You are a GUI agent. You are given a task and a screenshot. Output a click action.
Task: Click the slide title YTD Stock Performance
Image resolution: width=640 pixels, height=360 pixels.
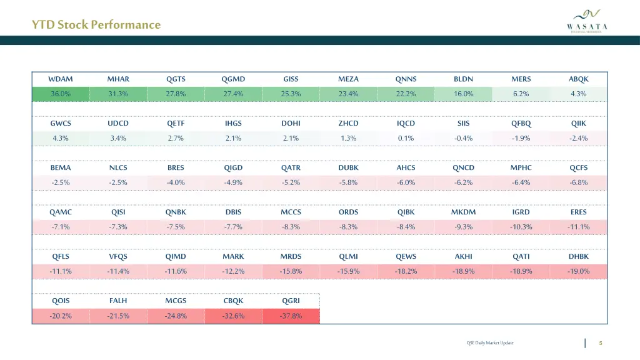(96, 25)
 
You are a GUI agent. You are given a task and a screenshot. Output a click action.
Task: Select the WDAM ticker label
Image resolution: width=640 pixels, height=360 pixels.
(61, 79)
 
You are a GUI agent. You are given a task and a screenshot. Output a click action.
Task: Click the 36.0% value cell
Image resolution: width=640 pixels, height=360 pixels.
(61, 94)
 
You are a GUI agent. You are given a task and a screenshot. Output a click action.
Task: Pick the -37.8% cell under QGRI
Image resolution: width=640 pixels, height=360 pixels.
(291, 316)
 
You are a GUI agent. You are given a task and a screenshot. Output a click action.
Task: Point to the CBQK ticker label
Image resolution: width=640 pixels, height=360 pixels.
(233, 301)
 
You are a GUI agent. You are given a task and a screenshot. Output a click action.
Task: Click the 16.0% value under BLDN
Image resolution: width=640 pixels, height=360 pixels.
(463, 94)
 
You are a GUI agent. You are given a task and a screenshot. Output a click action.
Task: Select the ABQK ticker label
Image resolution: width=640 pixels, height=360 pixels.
(578, 79)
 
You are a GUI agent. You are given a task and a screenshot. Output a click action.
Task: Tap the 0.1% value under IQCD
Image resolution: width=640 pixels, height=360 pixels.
(406, 139)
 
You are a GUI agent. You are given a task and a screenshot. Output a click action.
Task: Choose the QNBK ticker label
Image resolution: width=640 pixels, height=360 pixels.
(176, 212)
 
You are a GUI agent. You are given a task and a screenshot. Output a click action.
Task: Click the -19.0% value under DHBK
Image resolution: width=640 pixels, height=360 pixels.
(578, 272)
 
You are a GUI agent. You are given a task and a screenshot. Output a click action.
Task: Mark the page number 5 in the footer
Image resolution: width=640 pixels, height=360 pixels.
(600, 342)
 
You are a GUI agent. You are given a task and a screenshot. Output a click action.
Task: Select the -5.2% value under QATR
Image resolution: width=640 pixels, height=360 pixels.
(291, 183)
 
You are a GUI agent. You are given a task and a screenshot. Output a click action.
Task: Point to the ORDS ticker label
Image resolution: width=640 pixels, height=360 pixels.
(348, 212)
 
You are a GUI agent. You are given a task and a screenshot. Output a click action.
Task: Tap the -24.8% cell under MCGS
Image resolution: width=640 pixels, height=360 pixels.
(176, 316)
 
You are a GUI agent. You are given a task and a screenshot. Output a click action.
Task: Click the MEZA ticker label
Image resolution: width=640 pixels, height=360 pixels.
(348, 79)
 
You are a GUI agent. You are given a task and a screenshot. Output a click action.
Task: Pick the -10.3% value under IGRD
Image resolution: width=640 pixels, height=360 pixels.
(521, 227)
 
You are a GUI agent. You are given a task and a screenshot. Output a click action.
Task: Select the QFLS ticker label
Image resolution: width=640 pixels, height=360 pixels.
(61, 257)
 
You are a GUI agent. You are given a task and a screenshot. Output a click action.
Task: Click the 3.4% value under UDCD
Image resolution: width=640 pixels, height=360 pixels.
(118, 139)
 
